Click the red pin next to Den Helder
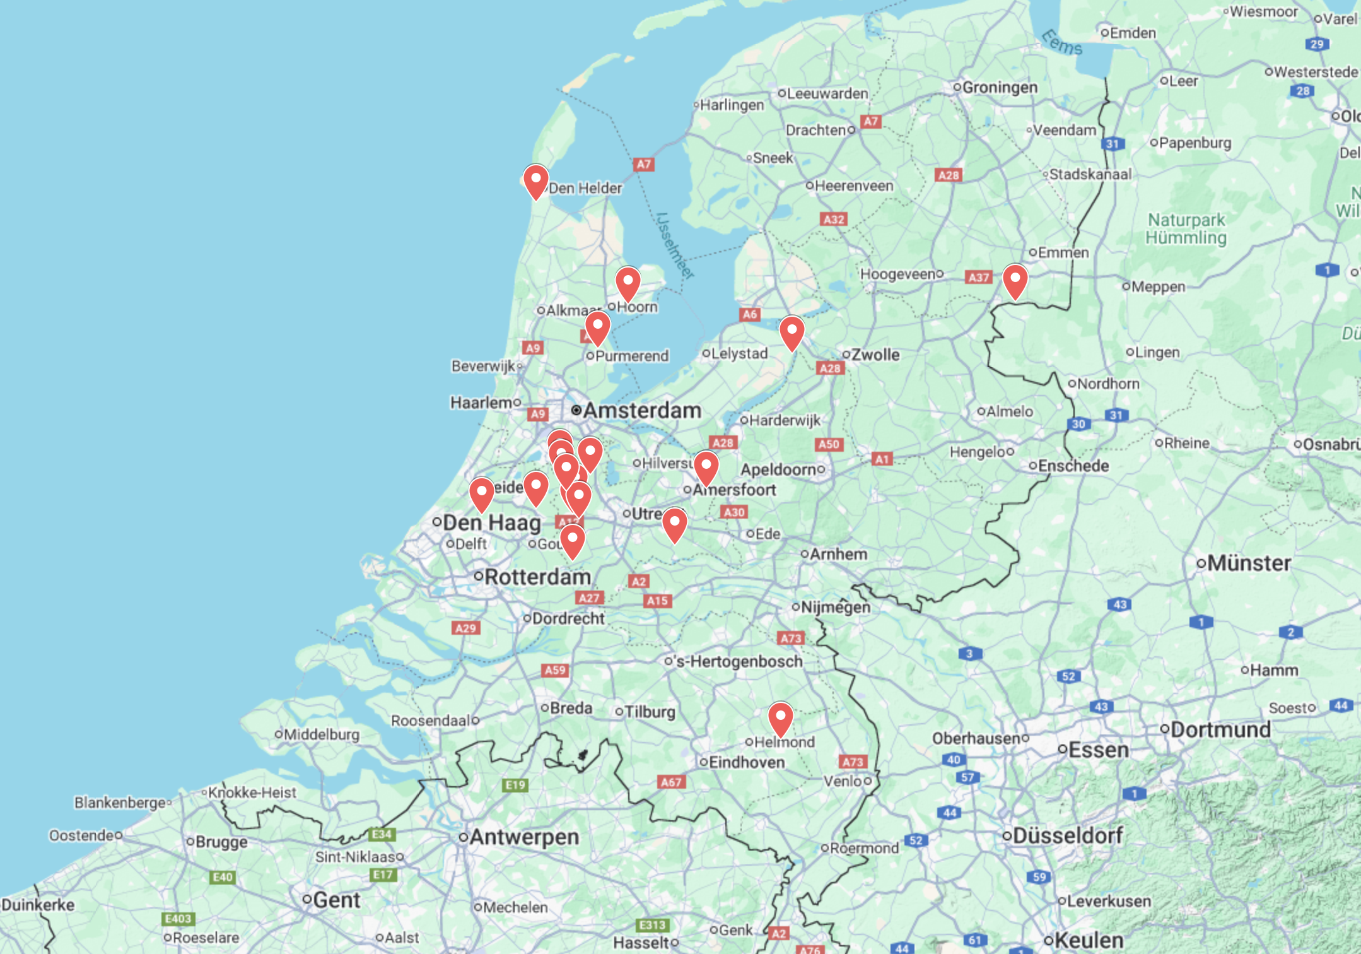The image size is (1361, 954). [x=535, y=181]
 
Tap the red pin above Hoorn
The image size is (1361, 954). [x=628, y=283]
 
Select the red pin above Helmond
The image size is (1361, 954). [x=780, y=718]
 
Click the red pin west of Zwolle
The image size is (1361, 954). [x=791, y=332]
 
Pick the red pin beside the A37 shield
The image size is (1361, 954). [x=1015, y=280]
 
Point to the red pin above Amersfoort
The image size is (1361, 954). [x=706, y=468]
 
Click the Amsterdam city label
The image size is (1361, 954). [x=641, y=410]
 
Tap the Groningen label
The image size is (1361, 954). [x=1000, y=87]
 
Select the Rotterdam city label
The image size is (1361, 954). [x=537, y=577]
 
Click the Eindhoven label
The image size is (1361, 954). [x=747, y=762]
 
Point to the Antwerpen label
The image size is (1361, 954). [x=523, y=837]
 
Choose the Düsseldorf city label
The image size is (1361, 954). [x=1067, y=835]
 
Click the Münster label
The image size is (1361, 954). [x=1249, y=563]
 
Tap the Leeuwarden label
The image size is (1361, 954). [x=827, y=93]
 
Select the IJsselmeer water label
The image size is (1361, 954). [x=675, y=246]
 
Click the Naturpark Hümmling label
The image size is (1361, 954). [x=1186, y=228]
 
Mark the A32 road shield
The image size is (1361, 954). [x=834, y=219]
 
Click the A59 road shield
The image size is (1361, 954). [x=555, y=669]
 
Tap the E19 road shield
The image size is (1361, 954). [x=515, y=784]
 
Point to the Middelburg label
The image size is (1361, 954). [x=321, y=734]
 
